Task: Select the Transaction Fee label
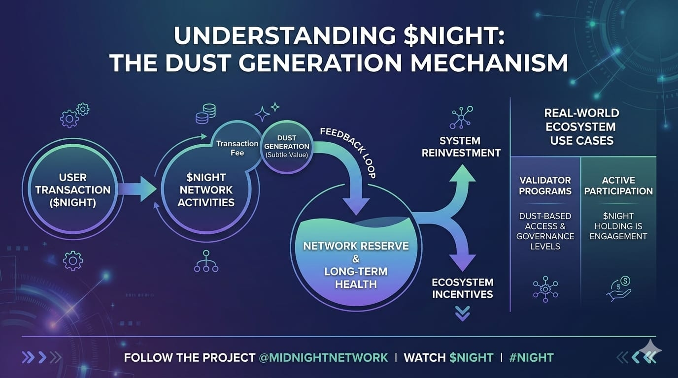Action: (237, 148)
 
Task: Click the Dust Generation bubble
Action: (286, 146)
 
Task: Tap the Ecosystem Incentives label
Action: (462, 288)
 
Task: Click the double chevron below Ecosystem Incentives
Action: (462, 313)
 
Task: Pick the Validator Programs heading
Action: (545, 186)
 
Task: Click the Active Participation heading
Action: (618, 186)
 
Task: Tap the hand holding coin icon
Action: (619, 288)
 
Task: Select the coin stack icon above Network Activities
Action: (205, 114)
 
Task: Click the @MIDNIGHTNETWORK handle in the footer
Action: (323, 358)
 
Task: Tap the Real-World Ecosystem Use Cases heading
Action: (582, 126)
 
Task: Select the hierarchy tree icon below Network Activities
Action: (206, 261)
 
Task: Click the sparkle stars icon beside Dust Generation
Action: (266, 112)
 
